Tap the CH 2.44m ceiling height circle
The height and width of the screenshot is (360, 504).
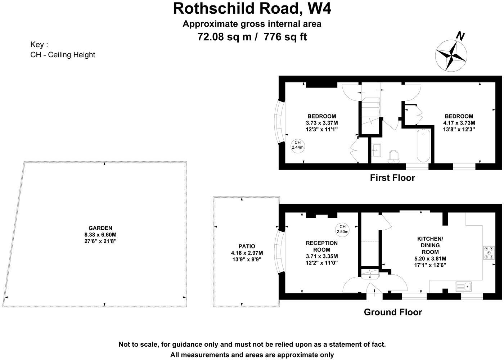tap(297, 145)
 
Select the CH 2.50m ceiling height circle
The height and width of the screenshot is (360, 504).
tap(342, 229)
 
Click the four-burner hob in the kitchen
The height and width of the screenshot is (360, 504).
tap(489, 253)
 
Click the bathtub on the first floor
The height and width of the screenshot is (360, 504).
tap(423, 147)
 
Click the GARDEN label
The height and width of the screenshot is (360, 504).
tap(100, 228)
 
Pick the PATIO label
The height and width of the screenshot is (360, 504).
tap(247, 246)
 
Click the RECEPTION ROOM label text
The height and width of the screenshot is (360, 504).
tap(322, 246)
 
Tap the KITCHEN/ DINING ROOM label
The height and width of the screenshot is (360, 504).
tap(430, 245)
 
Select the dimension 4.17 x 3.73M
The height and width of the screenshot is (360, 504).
tap(459, 123)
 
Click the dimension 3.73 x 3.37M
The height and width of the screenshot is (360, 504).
tap(321, 123)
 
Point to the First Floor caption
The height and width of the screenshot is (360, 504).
tap(392, 178)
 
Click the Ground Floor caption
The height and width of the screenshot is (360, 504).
tap(393, 312)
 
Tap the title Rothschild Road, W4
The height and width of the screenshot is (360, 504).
tap(252, 9)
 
